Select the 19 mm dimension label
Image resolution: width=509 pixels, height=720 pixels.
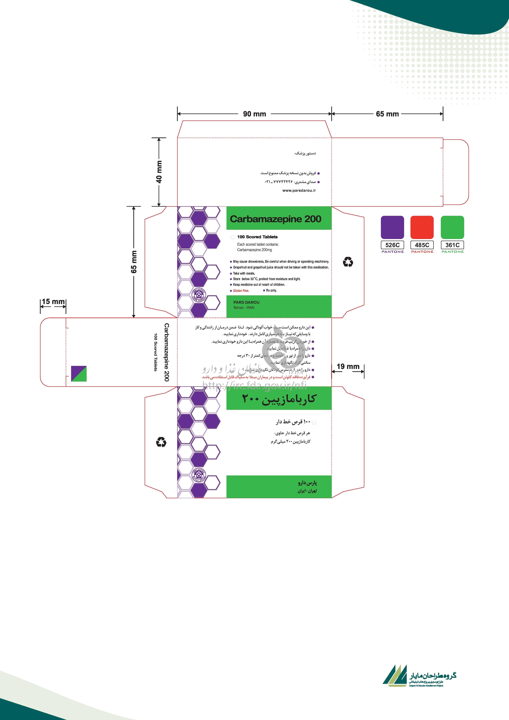point(348,366)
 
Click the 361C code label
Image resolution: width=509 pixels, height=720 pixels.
point(452,245)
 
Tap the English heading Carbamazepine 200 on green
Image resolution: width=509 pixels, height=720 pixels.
point(276,219)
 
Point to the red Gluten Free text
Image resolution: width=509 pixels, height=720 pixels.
point(241,291)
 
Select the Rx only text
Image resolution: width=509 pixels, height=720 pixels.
point(271,290)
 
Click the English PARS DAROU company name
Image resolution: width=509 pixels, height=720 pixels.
point(246,302)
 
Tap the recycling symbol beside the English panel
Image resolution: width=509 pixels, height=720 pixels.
point(348,262)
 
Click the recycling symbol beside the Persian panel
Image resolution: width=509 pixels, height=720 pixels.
point(161,443)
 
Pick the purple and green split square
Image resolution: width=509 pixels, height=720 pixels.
point(79,373)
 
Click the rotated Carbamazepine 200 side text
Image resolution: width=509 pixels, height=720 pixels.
point(166,352)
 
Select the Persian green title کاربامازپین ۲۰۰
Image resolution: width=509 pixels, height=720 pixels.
point(279,399)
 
